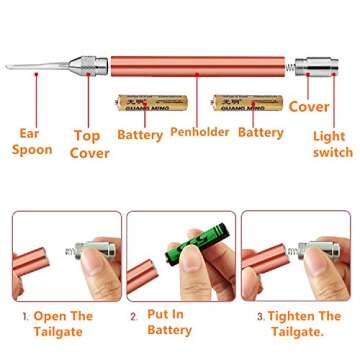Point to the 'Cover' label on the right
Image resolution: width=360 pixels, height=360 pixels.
click(309, 106)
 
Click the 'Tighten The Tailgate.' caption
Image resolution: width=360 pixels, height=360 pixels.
click(301, 322)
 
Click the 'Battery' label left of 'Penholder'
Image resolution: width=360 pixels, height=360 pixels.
click(140, 132)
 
